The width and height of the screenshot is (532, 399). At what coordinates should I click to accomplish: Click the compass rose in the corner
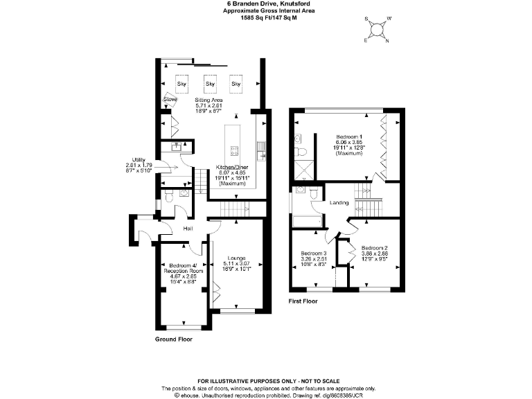377,29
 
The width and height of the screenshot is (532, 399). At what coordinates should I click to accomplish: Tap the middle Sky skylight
209,84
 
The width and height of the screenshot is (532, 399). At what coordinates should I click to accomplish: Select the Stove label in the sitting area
170,100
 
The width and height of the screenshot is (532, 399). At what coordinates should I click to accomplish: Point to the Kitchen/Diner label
233,167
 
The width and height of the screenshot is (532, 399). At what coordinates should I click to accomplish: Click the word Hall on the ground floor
188,229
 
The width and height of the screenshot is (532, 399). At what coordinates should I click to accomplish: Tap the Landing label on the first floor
339,203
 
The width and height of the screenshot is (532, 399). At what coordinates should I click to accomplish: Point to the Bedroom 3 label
314,254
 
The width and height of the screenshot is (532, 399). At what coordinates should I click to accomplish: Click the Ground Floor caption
174,339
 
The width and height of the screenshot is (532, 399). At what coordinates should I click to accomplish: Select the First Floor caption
303,302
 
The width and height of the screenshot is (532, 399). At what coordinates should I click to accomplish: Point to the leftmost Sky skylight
182,84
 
